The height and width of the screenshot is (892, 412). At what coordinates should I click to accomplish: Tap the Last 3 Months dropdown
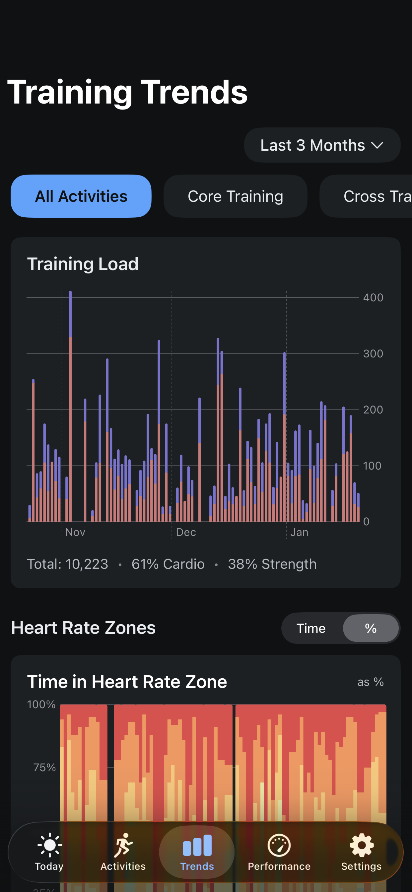tap(322, 145)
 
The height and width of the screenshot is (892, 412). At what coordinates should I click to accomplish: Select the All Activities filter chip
tap(81, 196)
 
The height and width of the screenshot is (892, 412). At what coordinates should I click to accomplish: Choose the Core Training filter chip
tap(236, 196)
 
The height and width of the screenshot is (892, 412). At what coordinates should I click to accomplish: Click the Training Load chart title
tap(83, 264)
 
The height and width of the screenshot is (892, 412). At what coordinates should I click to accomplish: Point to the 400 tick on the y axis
tap(373, 297)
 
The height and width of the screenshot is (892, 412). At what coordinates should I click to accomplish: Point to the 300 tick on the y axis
tap(373, 353)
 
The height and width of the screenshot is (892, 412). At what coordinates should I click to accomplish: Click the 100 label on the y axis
tap(372, 466)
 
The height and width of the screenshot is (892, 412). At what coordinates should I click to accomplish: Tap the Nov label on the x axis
tap(75, 532)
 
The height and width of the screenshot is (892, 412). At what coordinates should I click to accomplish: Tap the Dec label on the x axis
tap(186, 532)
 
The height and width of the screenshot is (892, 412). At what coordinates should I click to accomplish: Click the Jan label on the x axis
tap(299, 532)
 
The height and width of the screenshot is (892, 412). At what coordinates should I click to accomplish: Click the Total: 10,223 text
tap(68, 564)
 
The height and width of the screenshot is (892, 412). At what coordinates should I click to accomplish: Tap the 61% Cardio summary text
tap(168, 564)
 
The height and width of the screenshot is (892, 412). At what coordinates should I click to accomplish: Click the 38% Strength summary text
tap(272, 564)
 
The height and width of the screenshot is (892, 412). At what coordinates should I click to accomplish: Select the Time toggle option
tap(311, 628)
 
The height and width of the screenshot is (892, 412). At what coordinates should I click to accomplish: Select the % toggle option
tap(371, 628)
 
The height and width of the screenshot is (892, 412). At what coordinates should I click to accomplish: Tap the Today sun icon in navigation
tap(49, 845)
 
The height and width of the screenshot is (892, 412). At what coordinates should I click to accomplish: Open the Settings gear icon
tap(362, 845)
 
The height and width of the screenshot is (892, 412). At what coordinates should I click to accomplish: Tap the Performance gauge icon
tap(279, 845)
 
